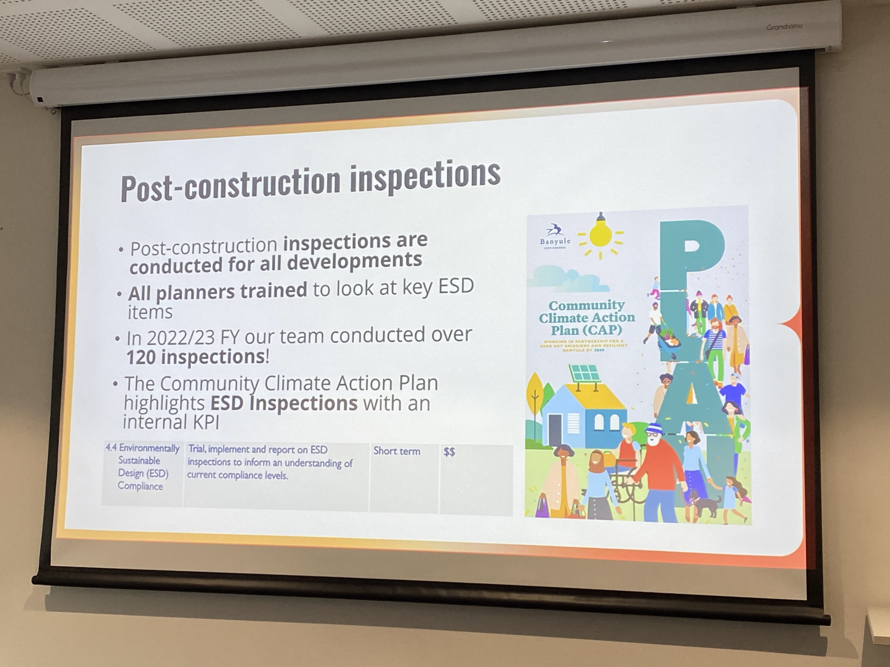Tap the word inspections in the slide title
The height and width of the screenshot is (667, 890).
coord(425,176)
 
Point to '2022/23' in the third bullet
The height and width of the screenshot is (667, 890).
coord(181,338)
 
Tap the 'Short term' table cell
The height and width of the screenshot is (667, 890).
coord(397,451)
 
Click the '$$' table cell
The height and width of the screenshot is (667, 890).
coord(449,452)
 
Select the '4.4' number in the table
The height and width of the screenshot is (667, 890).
coord(111,447)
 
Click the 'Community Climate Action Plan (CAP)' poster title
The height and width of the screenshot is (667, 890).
coord(586,318)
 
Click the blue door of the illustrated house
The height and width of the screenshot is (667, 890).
coord(555,430)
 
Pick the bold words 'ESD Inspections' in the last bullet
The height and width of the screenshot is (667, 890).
coord(284,403)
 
